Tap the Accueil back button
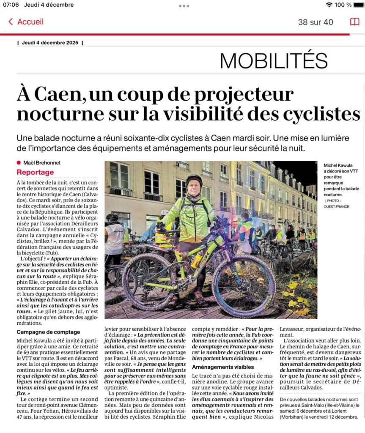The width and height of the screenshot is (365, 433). pos(26,22)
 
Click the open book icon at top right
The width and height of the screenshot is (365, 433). pos(354,22)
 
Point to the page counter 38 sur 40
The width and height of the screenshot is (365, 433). pos(316,22)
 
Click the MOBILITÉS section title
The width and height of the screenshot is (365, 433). pos(274,60)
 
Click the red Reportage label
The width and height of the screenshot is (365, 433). pos(35,172)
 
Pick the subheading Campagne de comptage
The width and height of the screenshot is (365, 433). pos(48,332)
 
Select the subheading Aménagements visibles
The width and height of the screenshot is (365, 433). pos(223,367)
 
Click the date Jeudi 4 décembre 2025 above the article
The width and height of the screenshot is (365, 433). pos(50,42)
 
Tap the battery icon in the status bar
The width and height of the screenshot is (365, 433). pos(358,5)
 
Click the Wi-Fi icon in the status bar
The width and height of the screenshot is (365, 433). pos(329,5)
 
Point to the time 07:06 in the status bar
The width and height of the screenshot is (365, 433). pos(11,5)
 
